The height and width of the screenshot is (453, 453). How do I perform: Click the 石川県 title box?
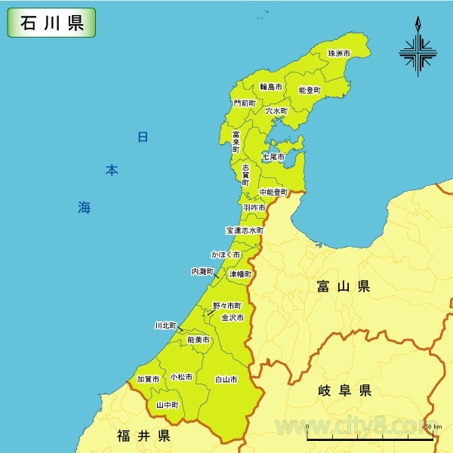click(x=51, y=23)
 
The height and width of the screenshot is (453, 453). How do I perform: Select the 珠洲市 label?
click(x=339, y=54)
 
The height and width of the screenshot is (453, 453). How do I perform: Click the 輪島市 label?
click(x=271, y=87)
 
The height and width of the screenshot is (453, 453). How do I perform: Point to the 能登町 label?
click(x=310, y=90)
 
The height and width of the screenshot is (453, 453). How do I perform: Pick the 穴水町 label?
click(x=276, y=110)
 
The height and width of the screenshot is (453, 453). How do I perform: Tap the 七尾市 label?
click(x=273, y=157)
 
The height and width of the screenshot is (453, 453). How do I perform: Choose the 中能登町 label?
click(x=273, y=193)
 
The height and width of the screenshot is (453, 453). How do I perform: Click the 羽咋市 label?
click(x=254, y=207)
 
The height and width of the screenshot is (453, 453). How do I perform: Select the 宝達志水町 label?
click(x=245, y=230)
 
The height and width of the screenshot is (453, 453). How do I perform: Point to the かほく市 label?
click(x=225, y=255)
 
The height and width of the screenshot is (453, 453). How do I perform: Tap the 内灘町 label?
click(x=203, y=271)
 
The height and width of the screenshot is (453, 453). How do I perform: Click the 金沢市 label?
click(x=233, y=318)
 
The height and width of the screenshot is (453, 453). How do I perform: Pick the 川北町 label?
click(x=165, y=325)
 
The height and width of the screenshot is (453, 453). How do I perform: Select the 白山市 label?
click(x=226, y=379)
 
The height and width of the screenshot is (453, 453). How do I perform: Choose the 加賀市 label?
click(x=148, y=379)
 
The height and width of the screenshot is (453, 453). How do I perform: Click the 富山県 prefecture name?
click(x=344, y=286)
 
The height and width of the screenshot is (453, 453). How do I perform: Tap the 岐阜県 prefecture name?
click(x=344, y=390)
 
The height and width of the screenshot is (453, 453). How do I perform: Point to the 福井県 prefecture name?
click(x=143, y=436)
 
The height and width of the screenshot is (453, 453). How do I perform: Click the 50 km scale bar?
click(x=368, y=437)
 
